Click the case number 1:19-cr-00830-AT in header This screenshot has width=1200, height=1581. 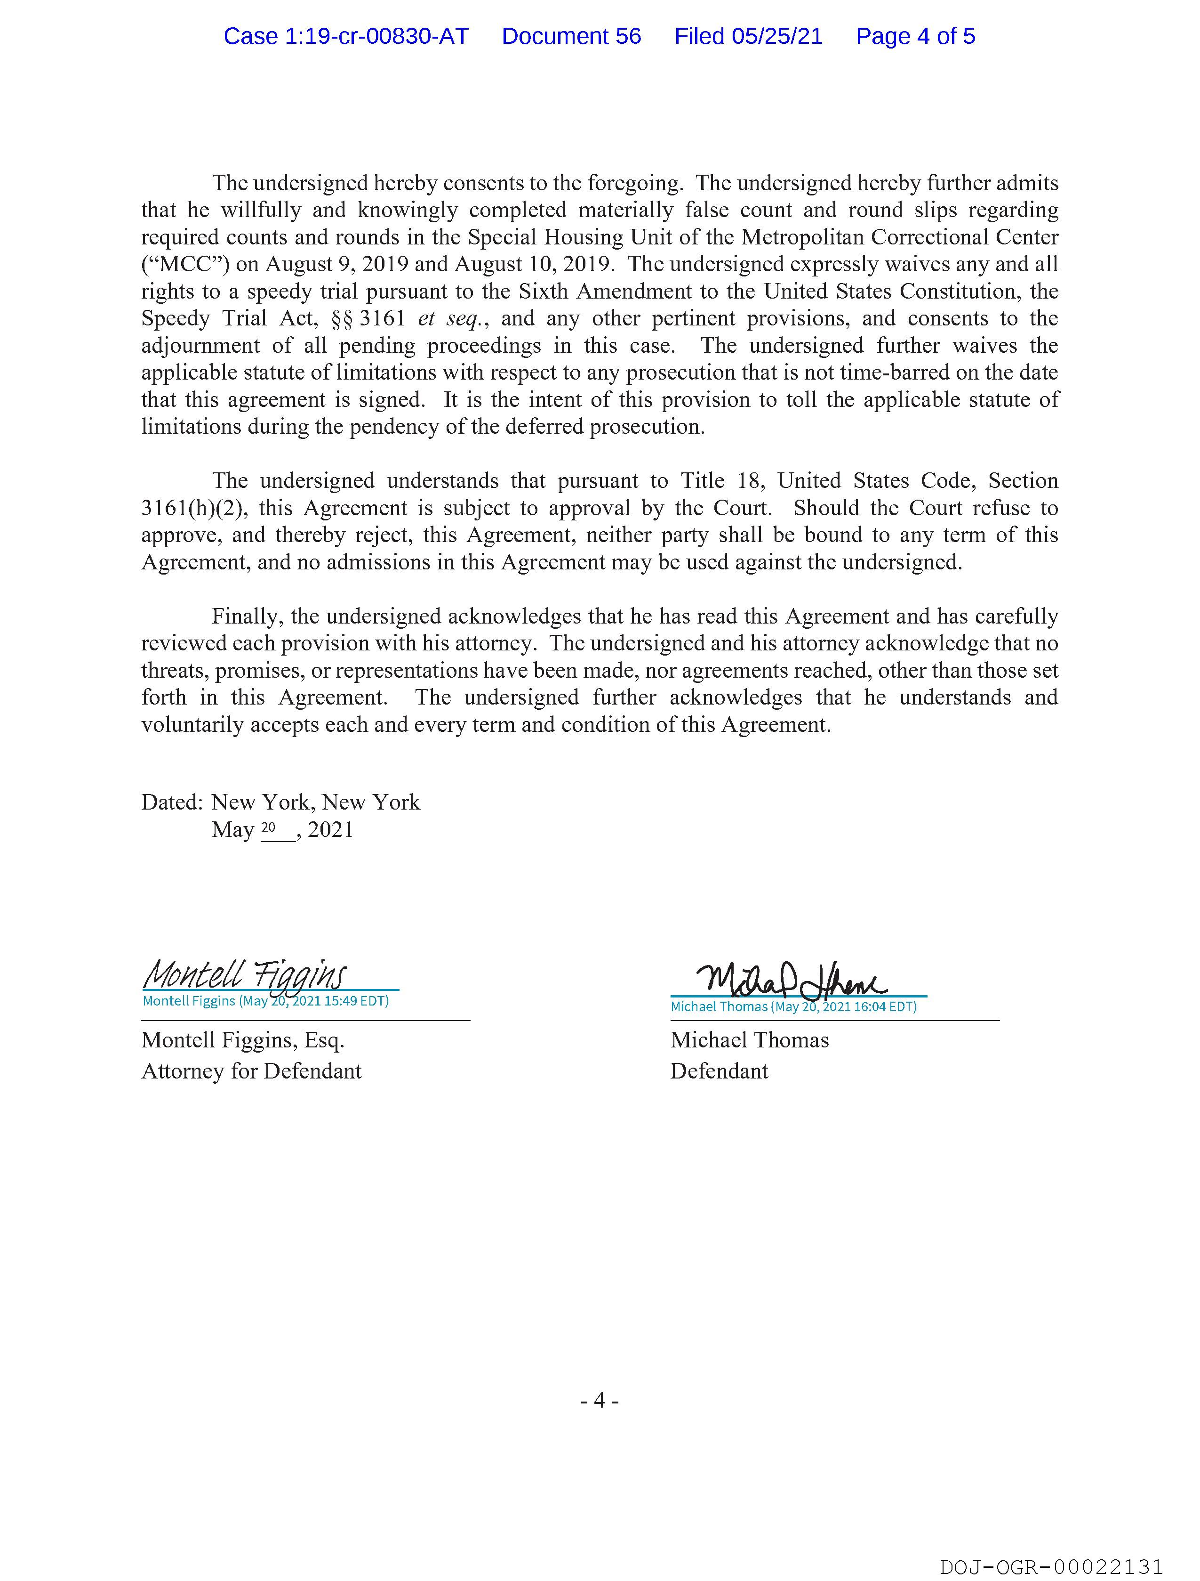click(346, 36)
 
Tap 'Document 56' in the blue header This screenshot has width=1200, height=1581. click(571, 36)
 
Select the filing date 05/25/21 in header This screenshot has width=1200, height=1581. click(777, 36)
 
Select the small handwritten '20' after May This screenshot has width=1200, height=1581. click(269, 827)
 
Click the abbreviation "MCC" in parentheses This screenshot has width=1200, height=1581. click(185, 265)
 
